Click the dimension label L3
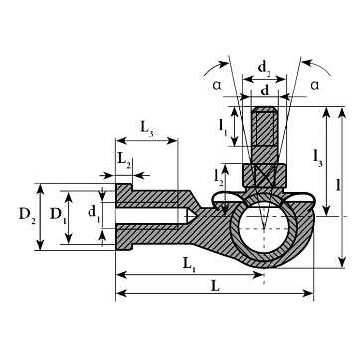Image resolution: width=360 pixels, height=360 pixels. pyautogui.click(x=147, y=128)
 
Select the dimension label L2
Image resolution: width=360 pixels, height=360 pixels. pyautogui.click(x=124, y=160)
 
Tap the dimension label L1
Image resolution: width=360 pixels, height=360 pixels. pyautogui.click(x=189, y=265)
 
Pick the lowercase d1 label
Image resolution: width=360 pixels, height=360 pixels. pyautogui.click(x=93, y=212)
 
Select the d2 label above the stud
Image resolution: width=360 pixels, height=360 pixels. pyautogui.click(x=265, y=69)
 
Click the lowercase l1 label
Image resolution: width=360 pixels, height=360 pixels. pyautogui.click(x=223, y=127)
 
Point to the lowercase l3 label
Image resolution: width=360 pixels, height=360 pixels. pyautogui.click(x=317, y=158)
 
